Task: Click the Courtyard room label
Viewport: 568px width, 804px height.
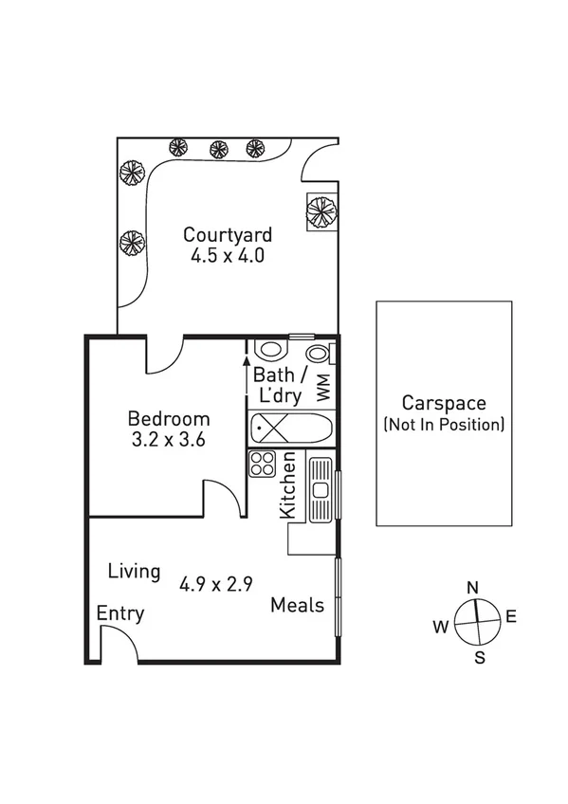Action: [x=228, y=234]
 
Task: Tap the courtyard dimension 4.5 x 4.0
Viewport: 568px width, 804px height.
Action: [x=228, y=255]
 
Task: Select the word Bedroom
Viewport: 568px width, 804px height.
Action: [x=169, y=418]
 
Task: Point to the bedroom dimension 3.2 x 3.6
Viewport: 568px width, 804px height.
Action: [x=169, y=439]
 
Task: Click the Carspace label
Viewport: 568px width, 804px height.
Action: [x=444, y=403]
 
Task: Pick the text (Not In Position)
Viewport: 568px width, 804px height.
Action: [x=444, y=424]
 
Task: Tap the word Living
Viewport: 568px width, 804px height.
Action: [x=134, y=572]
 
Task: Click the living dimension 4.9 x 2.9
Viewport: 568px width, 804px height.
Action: [x=215, y=584]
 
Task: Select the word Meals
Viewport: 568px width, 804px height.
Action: [x=297, y=605]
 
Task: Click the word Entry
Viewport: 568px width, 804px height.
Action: [x=120, y=614]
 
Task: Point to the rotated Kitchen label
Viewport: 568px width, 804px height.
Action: [x=289, y=485]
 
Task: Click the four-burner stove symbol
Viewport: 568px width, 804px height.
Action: [x=262, y=465]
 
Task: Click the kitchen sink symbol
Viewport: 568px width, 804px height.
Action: [x=321, y=488]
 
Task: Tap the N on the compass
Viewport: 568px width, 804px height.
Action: [x=472, y=587]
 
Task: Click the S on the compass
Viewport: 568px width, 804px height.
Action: [x=479, y=657]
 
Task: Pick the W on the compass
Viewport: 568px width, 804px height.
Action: [x=441, y=626]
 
